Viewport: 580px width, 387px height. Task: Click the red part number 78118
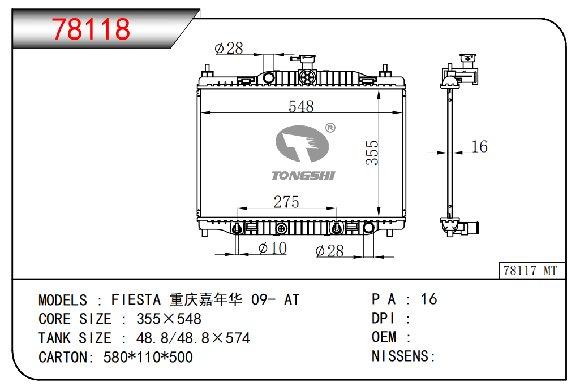click(91, 29)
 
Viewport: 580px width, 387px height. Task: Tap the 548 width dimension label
click(300, 106)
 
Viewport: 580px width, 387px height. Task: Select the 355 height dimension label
click(371, 153)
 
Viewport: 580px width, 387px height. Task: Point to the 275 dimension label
click(286, 202)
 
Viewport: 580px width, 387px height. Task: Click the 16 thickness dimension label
click(479, 147)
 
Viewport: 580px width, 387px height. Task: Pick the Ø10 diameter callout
click(272, 248)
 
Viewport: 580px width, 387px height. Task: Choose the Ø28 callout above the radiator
click(229, 49)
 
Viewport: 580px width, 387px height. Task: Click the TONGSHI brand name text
click(303, 175)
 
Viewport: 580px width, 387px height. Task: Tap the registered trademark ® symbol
click(330, 128)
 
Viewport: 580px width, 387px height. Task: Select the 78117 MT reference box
click(530, 271)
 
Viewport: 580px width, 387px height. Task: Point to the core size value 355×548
click(169, 319)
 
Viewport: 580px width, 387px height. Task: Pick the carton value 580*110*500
click(148, 357)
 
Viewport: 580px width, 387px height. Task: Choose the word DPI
click(383, 318)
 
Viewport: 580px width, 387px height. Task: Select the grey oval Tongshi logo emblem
click(302, 145)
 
